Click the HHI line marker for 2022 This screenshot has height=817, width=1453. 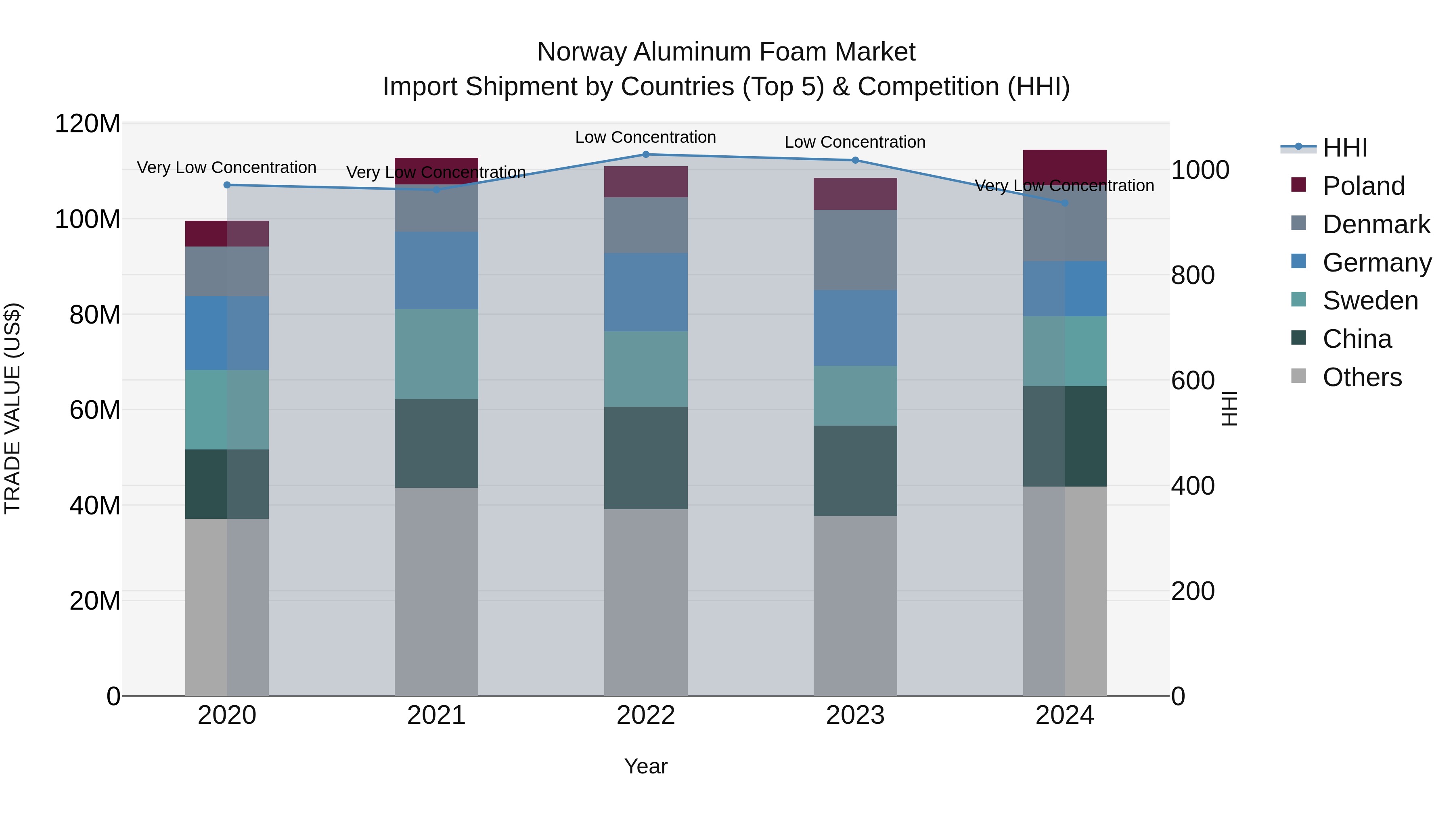pos(646,155)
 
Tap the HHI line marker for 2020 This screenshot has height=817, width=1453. pos(227,185)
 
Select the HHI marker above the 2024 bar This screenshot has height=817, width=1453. pos(1064,203)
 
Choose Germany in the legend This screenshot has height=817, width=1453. pos(1376,263)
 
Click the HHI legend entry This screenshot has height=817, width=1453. pos(1345,148)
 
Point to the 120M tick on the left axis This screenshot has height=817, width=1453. pos(88,123)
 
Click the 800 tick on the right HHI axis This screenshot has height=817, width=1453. pos(1192,276)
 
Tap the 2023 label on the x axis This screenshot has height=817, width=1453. pos(855,715)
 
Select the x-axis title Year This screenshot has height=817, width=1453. pos(646,766)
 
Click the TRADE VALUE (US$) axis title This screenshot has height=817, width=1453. pos(13,408)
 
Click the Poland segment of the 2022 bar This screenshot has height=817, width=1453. pos(646,182)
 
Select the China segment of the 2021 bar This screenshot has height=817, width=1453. pos(436,443)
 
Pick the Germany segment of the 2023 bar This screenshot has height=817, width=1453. pos(855,328)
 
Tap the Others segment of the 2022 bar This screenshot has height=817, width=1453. pos(646,602)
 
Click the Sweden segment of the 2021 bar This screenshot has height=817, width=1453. pos(436,354)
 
